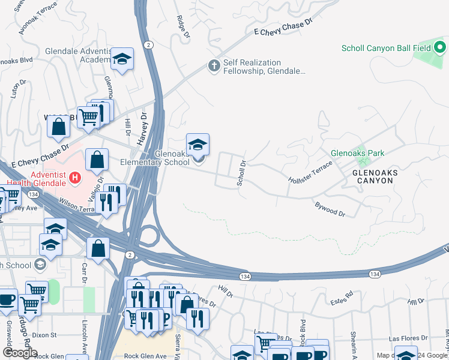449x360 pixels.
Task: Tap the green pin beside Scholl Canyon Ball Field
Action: tap(440, 47)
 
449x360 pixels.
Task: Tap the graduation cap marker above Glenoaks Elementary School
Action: tap(197, 145)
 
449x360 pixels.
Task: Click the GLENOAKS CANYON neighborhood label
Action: tap(381, 175)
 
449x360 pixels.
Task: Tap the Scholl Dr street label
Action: tap(242, 172)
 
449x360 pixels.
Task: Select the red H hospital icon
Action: tap(75, 178)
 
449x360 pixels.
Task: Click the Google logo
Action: tap(20, 352)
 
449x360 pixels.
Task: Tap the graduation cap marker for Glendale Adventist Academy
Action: tap(122, 58)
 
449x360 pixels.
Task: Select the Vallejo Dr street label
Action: tap(100, 187)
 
